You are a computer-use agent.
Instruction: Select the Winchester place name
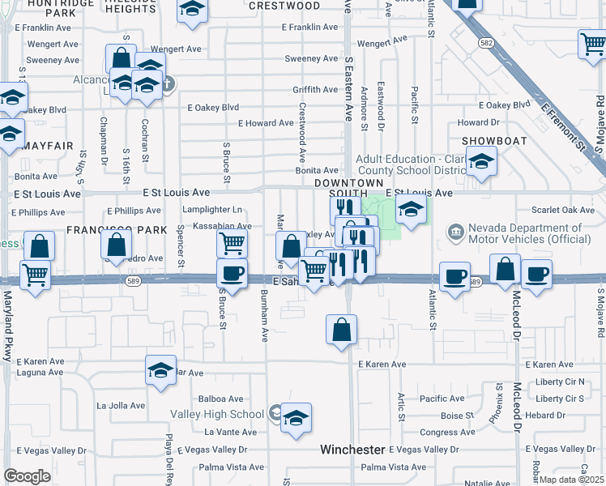[x=352, y=449]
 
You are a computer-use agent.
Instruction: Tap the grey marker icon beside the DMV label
[x=454, y=233]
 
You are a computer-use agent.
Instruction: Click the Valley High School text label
[x=217, y=414]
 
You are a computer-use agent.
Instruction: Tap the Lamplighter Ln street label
[x=212, y=210]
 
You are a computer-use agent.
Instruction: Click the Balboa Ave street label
[x=222, y=399]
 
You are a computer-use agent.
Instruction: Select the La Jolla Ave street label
[x=121, y=405]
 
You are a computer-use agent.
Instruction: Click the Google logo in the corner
[x=27, y=476]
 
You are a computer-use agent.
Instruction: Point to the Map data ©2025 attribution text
[x=571, y=480]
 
